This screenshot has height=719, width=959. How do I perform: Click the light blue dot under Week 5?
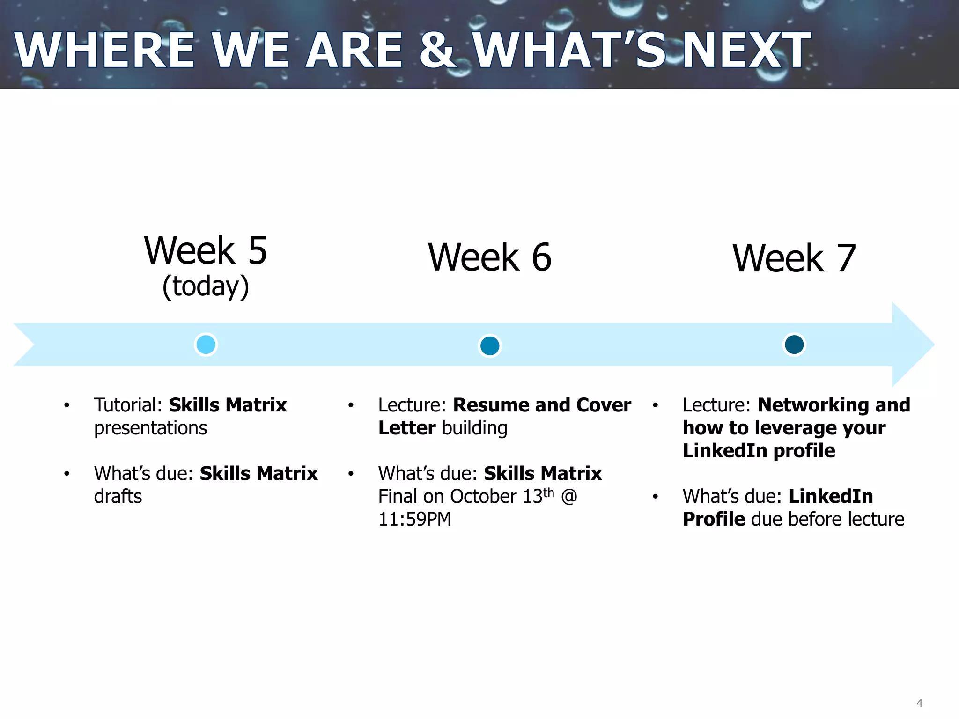pyautogui.click(x=206, y=345)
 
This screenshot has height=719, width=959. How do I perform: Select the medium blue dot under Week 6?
pyautogui.click(x=490, y=346)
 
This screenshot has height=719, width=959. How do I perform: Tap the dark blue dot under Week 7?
pyautogui.click(x=794, y=345)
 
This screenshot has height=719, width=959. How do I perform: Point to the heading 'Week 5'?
pyautogui.click(x=206, y=250)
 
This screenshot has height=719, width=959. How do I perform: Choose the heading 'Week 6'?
pyautogui.click(x=490, y=257)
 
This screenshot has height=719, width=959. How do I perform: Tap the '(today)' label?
pyautogui.click(x=206, y=286)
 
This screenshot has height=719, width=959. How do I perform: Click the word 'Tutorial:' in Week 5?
pyautogui.click(x=128, y=405)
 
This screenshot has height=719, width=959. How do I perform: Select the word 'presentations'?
pyautogui.click(x=150, y=428)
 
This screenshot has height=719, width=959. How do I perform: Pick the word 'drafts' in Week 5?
pyautogui.click(x=118, y=496)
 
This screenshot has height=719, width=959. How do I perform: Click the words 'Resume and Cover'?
pyautogui.click(x=542, y=405)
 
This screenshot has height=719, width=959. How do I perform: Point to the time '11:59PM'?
pyautogui.click(x=415, y=519)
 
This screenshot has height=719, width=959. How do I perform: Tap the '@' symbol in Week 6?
pyautogui.click(x=569, y=496)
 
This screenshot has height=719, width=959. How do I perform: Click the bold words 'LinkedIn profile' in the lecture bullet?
pyautogui.click(x=759, y=451)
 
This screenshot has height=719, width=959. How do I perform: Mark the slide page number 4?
pyautogui.click(x=919, y=704)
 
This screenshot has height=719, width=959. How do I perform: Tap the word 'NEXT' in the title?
pyautogui.click(x=746, y=50)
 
